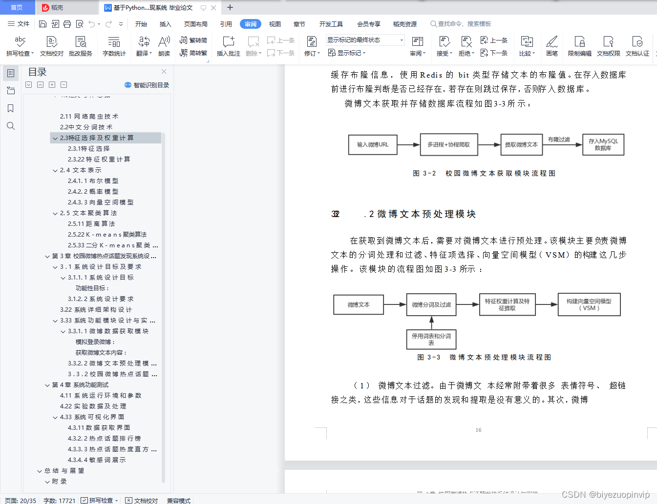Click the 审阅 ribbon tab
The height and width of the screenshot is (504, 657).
click(251, 24)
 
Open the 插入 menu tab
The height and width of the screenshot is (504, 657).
click(166, 24)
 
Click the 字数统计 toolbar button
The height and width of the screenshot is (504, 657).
click(114, 46)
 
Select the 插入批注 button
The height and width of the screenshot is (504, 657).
click(228, 46)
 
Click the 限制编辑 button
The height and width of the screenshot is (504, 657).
click(579, 46)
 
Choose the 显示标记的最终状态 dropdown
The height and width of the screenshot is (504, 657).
click(365, 40)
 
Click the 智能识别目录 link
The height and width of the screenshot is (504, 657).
click(147, 85)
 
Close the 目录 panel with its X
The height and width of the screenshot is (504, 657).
click(164, 72)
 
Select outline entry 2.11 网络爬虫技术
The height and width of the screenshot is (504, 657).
click(89, 116)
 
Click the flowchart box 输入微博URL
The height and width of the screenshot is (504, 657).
click(373, 144)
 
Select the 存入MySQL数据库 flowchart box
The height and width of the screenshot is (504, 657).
click(603, 144)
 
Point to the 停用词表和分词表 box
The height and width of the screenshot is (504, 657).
click(431, 339)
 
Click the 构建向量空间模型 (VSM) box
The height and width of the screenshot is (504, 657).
click(589, 304)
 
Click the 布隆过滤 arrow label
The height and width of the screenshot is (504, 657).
click(559, 140)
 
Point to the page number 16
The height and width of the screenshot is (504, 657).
click(478, 430)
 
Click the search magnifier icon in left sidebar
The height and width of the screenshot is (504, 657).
click(10, 126)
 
